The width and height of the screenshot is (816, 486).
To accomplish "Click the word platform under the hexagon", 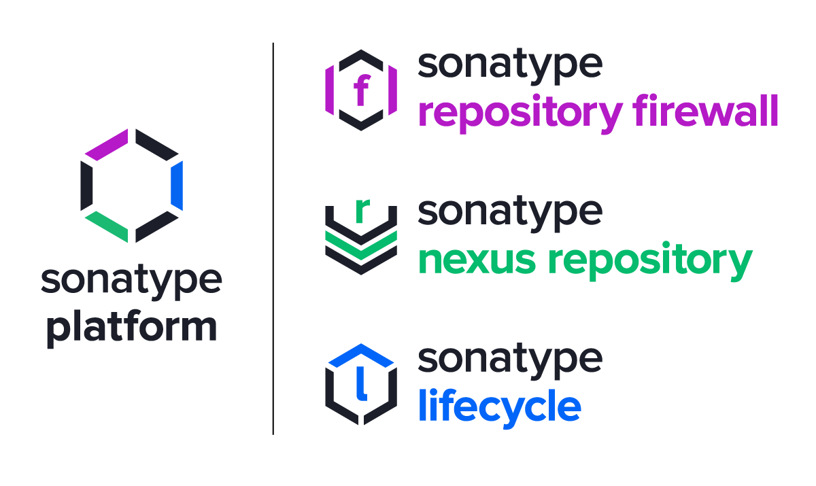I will (131, 327).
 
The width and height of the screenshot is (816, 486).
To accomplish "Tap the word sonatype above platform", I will (131, 281).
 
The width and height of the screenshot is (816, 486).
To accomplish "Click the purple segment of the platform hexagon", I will (106, 145).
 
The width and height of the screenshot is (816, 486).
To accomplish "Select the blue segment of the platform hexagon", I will (177, 186).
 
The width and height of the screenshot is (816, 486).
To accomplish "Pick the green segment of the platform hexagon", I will (106, 226).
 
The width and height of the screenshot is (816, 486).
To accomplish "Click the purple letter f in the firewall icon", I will (361, 90).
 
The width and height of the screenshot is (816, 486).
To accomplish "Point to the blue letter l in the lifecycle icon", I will (362, 385).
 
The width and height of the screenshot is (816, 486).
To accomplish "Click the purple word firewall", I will (705, 112).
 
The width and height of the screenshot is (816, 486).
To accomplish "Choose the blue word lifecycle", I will (499, 406).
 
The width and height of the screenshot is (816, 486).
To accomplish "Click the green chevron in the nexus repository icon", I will (361, 244).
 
